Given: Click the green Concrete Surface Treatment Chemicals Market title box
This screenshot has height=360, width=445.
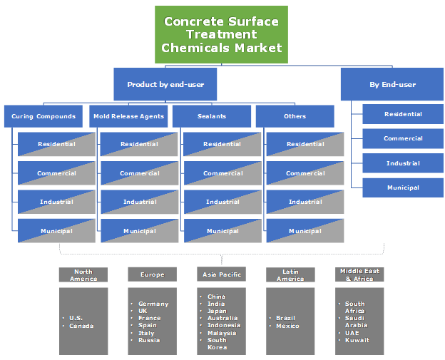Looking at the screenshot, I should point(222,34).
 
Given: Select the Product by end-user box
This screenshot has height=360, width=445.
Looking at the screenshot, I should point(165,84).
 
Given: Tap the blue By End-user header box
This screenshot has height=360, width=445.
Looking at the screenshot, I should point(392,84).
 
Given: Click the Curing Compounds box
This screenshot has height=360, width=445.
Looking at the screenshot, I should point(44,116).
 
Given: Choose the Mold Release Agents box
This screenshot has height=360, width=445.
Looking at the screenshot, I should point(128,116).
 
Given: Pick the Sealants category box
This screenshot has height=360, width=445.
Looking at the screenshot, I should point(212,116).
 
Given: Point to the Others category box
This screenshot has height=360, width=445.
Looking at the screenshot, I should point(295,116).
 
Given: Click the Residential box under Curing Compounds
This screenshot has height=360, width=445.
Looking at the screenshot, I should point(56,144).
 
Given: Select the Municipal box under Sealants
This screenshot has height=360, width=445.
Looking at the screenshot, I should point(223,231).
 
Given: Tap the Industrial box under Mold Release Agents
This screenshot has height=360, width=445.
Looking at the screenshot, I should point(140,202).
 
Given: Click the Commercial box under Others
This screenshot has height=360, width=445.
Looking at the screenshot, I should point(305,173).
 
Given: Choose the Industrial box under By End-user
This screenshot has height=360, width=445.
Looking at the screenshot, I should point(403,163).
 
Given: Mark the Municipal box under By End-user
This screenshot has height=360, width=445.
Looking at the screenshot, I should point(403,188).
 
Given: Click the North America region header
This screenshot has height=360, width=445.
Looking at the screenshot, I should point(83,275).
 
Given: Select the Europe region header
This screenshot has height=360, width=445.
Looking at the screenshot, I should point(153,274).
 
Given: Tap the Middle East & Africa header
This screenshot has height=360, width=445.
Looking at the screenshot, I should point(359,275).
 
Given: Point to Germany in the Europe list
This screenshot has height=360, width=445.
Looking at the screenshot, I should point(153,304).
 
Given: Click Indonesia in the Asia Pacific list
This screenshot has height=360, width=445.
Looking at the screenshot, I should point(224,325).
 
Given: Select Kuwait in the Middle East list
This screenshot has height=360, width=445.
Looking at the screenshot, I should point(357,340).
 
